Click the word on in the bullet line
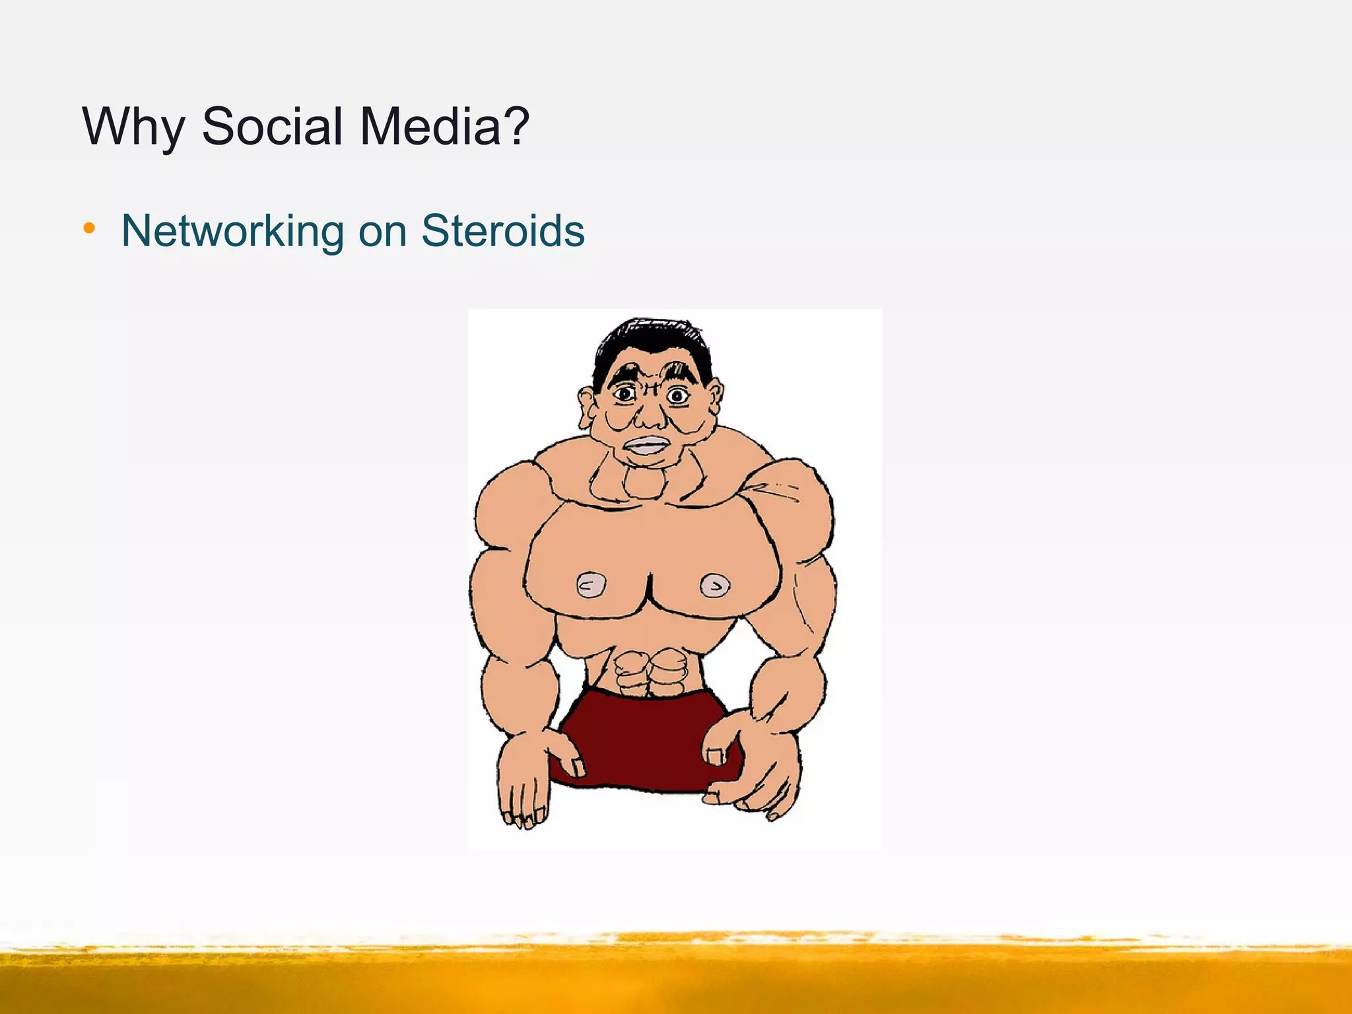(382, 232)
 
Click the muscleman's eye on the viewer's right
(677, 396)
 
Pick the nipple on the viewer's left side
(591, 585)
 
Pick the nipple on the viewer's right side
(714, 585)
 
